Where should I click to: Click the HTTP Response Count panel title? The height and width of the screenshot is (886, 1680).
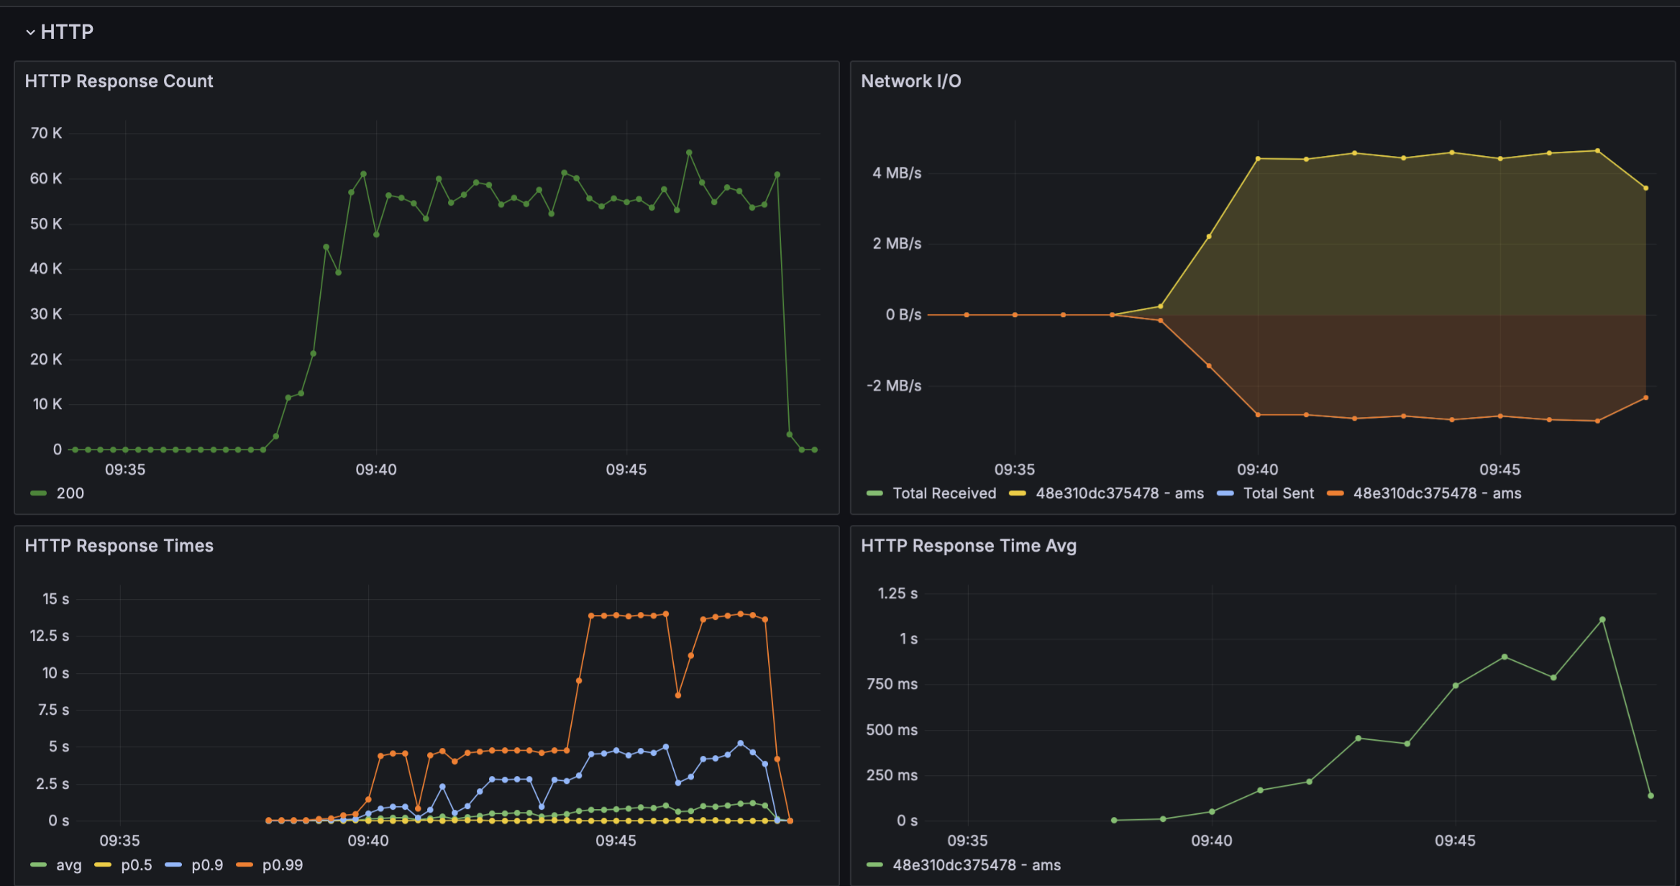pos(119,81)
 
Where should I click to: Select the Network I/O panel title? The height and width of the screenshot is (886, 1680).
pos(910,81)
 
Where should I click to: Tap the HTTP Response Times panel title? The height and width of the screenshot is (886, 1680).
pos(119,546)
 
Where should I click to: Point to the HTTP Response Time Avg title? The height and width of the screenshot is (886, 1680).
pos(968,546)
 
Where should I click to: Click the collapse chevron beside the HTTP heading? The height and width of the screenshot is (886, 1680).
pos(30,32)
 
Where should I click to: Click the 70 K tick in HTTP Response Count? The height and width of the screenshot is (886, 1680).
pos(46,133)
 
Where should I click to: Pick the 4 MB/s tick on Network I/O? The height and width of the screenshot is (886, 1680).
pos(896,173)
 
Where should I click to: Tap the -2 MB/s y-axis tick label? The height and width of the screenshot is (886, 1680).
pos(893,386)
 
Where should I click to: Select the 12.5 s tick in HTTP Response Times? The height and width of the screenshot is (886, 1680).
pos(49,636)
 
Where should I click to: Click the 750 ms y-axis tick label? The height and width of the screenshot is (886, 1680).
pos(892,685)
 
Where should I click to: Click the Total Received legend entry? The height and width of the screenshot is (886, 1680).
pos(944,493)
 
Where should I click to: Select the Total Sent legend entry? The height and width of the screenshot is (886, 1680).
pos(1278,493)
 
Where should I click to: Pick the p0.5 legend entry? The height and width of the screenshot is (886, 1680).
pos(136,865)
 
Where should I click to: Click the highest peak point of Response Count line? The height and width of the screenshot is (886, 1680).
pos(689,152)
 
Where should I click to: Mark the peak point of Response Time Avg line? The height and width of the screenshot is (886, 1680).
pos(1602,620)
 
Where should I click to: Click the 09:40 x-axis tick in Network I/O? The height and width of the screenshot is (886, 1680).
pos(1257,470)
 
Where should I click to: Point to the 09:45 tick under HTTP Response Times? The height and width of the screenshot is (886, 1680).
pos(616,841)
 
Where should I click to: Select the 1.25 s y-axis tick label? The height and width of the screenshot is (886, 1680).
pos(897,593)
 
